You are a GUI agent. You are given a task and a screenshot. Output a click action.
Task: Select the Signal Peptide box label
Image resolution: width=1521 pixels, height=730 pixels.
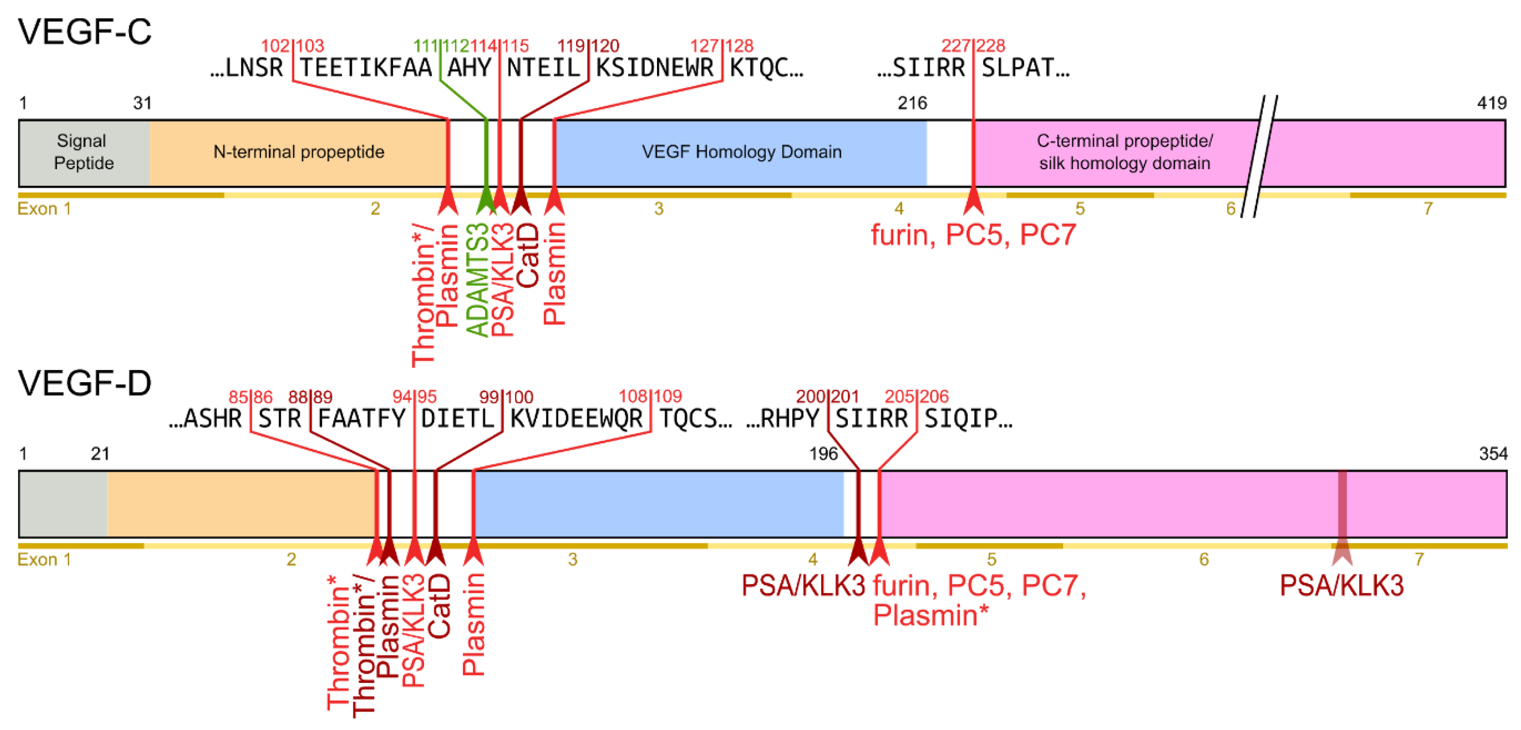coord(83,152)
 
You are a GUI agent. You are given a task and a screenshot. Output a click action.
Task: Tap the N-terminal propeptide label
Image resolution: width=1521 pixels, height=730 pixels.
coord(299,152)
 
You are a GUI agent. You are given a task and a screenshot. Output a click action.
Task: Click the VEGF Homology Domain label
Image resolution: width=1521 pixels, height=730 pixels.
coord(741,152)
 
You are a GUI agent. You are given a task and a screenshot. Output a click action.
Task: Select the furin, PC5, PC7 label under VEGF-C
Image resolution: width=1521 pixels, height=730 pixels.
coord(973,235)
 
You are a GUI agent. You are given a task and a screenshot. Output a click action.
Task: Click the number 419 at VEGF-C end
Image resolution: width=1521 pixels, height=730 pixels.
coord(1491,103)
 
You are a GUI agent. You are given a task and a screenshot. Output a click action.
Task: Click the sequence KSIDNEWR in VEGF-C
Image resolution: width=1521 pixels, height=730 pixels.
coord(654,68)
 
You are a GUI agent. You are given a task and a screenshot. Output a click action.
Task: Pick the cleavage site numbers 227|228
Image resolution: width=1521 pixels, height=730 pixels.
coord(973,46)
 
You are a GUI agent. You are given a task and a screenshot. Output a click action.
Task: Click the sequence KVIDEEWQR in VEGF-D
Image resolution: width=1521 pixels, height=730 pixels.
coord(576,418)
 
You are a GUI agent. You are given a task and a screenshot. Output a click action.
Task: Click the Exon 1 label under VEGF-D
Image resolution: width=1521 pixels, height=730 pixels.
coord(44,559)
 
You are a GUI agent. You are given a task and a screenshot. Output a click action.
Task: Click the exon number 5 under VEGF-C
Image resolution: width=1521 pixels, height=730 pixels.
coord(1079,209)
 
